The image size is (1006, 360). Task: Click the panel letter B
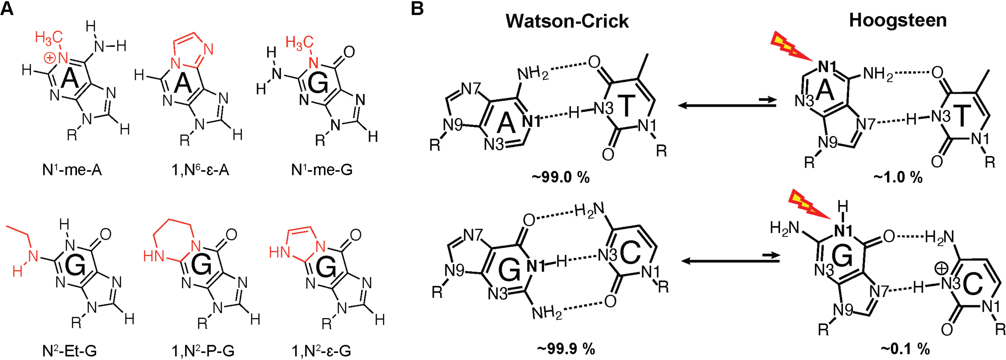[x=417, y=9]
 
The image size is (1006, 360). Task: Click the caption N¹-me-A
[x=72, y=171]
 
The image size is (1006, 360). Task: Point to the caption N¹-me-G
[x=322, y=171]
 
